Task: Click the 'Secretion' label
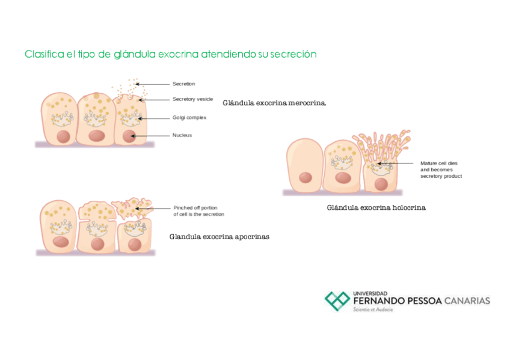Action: point(183,84)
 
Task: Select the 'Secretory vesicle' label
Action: point(192,99)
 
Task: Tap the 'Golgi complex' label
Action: point(189,118)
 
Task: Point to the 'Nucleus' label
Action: point(182,135)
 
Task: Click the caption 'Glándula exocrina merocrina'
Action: point(274,103)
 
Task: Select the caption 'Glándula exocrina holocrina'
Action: point(376,208)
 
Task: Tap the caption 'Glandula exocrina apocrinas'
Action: point(219,237)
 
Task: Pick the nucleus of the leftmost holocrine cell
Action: point(306,177)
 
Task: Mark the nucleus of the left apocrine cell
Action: point(60,242)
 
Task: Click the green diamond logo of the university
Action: point(337,300)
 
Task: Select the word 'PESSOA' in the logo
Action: point(419,301)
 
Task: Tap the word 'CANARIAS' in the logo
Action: point(467,301)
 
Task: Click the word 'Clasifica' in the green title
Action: point(43,54)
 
